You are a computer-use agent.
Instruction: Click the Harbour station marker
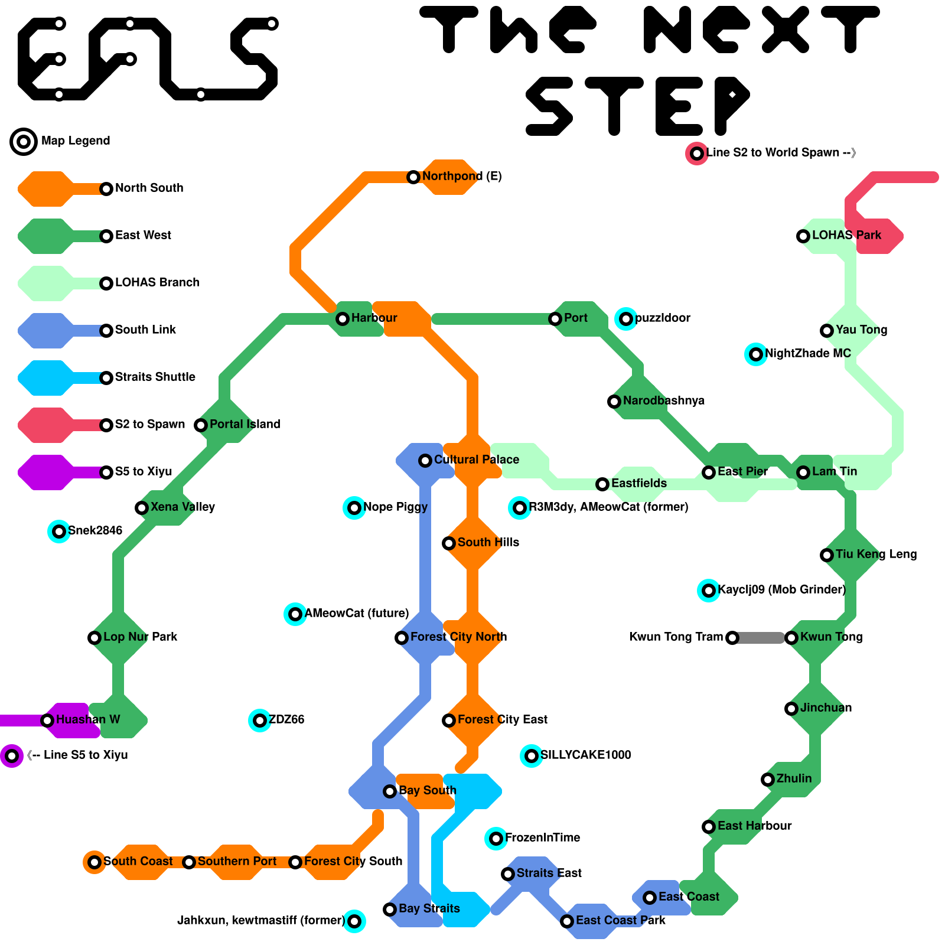343,319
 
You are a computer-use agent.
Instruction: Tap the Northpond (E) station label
462,176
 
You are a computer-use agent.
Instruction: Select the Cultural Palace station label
477,460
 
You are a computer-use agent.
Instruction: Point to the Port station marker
555,319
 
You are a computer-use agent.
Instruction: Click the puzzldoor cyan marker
626,319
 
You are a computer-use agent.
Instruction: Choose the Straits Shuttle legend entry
155,377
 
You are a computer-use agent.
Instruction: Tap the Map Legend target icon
24,142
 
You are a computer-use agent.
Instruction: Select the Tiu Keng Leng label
876,554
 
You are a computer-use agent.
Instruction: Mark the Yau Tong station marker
827,331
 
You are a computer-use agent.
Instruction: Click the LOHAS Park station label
846,235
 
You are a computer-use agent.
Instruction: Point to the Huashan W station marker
47,721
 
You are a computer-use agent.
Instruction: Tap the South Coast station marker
94,862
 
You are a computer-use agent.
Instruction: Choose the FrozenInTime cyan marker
496,839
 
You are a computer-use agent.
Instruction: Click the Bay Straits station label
429,908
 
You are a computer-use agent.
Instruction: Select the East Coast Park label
620,920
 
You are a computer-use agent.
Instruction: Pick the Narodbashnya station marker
614,402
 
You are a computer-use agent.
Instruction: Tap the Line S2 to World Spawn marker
697,154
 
